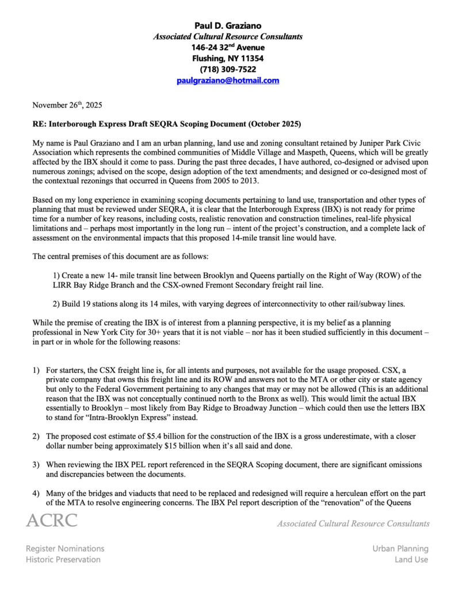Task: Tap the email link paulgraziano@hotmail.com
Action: tap(227, 81)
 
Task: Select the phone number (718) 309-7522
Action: tap(227, 69)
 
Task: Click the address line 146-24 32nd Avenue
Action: tap(227, 47)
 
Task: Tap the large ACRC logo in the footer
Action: tap(51, 521)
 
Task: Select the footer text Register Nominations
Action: tap(65, 549)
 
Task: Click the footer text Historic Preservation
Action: tap(63, 559)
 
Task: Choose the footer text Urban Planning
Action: tap(400, 549)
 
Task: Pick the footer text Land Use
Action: tap(411, 559)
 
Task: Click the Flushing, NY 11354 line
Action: tap(227, 58)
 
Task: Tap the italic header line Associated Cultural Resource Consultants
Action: tap(227, 36)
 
